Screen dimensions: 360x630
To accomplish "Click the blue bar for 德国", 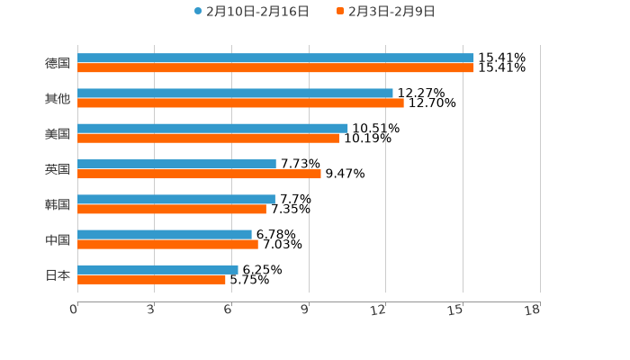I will click(x=275, y=58).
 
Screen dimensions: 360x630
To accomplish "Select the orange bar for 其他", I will click(x=240, y=103).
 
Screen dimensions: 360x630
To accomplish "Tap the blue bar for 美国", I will click(x=212, y=129).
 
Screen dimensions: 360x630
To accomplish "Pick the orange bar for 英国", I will click(x=199, y=174).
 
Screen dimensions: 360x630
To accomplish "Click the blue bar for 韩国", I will click(x=176, y=199).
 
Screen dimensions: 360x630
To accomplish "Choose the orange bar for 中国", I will click(x=167, y=244).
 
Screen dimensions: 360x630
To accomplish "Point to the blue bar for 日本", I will click(x=157, y=269).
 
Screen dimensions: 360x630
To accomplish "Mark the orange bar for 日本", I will click(x=151, y=279).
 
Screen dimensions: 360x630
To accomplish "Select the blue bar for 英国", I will click(x=176, y=164).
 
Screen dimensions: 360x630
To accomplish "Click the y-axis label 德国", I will click(x=58, y=63).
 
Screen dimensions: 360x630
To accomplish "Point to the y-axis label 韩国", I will click(x=58, y=204).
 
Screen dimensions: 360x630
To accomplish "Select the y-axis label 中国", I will click(x=58, y=239).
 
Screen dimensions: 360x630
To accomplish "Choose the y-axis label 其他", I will click(x=58, y=98).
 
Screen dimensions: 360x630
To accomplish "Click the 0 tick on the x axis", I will click(x=74, y=310).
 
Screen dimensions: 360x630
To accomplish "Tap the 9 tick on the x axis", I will click(x=305, y=310).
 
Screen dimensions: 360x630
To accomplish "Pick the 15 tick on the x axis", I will click(x=456, y=310).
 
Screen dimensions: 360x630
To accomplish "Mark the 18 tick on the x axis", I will click(x=533, y=310).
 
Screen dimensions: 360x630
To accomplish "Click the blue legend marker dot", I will click(x=198, y=12).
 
